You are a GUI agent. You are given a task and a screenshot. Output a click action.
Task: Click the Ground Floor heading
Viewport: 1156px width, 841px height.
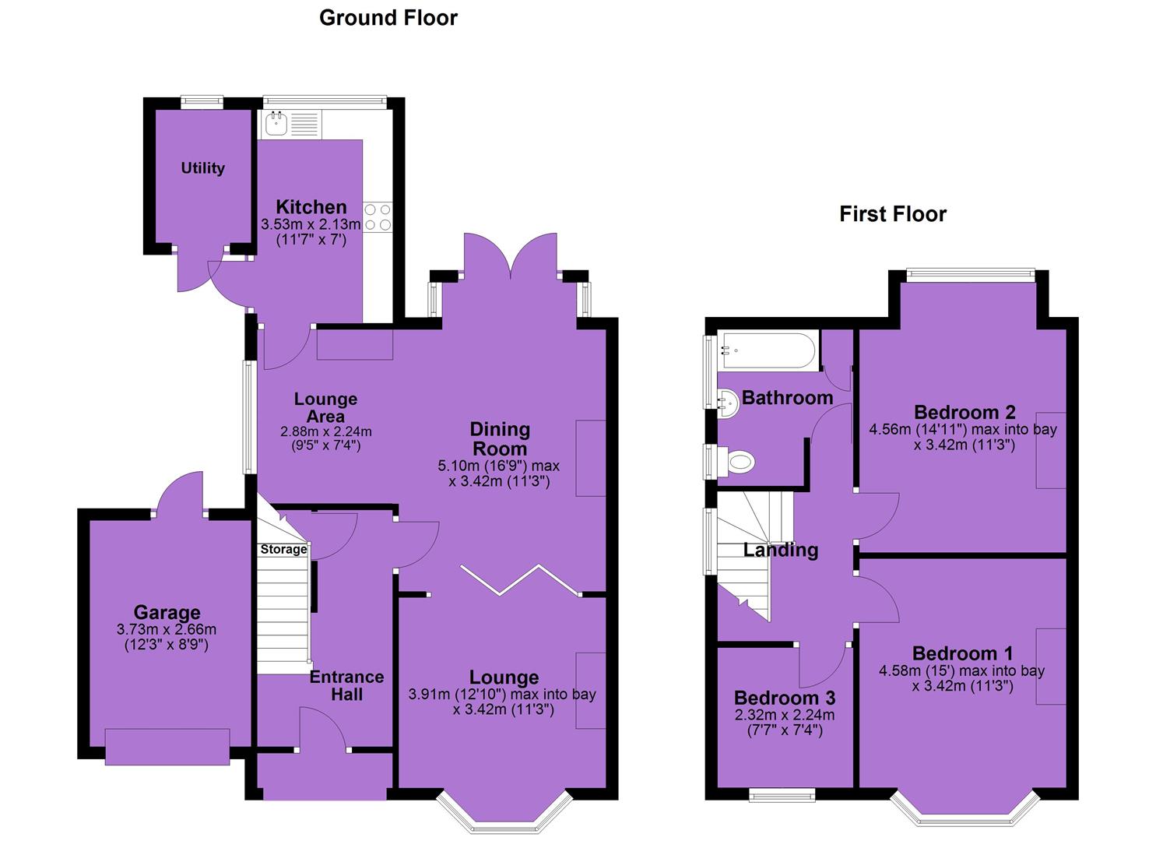tap(388, 18)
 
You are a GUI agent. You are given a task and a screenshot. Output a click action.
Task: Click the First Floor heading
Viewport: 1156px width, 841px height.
tap(893, 214)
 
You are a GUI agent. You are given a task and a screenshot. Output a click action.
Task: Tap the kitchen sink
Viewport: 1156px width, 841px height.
tap(277, 124)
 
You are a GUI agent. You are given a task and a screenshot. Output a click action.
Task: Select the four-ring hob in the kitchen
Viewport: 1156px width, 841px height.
tap(378, 217)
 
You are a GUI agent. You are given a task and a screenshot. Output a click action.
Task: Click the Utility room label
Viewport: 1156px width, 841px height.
tap(203, 168)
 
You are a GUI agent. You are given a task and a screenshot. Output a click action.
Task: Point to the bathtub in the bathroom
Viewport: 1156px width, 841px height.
tap(768, 351)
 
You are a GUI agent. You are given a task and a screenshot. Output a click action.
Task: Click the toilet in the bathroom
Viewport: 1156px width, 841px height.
tap(740, 461)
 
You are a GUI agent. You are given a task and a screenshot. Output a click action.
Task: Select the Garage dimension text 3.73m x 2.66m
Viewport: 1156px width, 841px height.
tap(167, 629)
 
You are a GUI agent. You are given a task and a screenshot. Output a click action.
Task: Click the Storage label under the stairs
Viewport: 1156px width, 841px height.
tap(283, 549)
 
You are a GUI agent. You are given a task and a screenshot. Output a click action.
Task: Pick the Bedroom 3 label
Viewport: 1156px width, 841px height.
tap(785, 698)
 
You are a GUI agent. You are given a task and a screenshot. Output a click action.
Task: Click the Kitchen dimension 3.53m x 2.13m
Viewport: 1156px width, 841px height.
tap(311, 224)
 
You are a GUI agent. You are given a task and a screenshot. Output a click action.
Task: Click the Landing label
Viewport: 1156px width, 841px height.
tap(780, 551)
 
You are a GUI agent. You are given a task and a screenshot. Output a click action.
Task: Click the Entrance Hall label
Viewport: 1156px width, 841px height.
tap(346, 685)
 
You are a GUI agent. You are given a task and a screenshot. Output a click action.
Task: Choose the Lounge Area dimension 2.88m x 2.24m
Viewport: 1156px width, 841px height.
tap(325, 431)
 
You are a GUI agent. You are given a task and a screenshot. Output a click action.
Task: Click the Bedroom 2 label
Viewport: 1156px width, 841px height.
tap(965, 413)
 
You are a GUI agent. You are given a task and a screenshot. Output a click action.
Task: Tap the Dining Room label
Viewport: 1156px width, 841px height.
tap(500, 439)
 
